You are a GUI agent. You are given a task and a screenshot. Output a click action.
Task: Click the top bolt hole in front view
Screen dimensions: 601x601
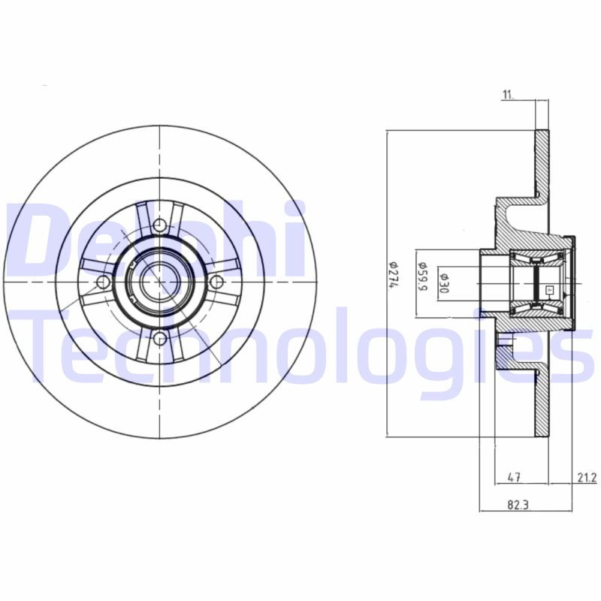tap(160, 225)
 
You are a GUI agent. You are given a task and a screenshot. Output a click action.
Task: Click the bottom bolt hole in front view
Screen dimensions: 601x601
tap(160, 340)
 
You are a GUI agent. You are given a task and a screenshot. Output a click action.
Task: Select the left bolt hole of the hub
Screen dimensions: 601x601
tap(104, 282)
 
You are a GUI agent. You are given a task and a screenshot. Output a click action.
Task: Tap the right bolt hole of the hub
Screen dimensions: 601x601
tap(217, 282)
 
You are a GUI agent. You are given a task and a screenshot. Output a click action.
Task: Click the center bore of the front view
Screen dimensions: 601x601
tap(157, 282)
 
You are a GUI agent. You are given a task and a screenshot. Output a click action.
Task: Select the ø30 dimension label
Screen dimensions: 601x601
tap(445, 281)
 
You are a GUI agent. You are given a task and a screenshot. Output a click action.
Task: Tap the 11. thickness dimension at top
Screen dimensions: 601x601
tap(509, 94)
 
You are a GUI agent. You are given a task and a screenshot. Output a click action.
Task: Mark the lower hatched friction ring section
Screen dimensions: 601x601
tap(542, 406)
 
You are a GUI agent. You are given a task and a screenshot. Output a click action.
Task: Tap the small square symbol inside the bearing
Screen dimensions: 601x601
tap(548, 288)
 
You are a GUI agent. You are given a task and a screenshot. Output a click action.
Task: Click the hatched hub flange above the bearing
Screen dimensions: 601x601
tap(526, 218)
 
